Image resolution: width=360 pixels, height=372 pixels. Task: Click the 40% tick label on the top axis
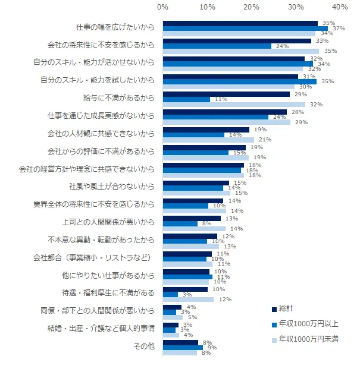[x=340, y=7]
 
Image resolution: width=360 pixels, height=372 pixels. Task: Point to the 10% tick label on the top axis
[x=207, y=7]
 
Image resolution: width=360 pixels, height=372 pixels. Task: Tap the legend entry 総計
[x=287, y=309]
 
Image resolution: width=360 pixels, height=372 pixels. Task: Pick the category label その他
[x=145, y=346]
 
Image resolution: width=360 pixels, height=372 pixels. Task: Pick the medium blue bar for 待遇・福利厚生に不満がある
[x=170, y=294]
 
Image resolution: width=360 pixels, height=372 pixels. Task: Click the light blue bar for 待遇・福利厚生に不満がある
[x=188, y=300]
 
